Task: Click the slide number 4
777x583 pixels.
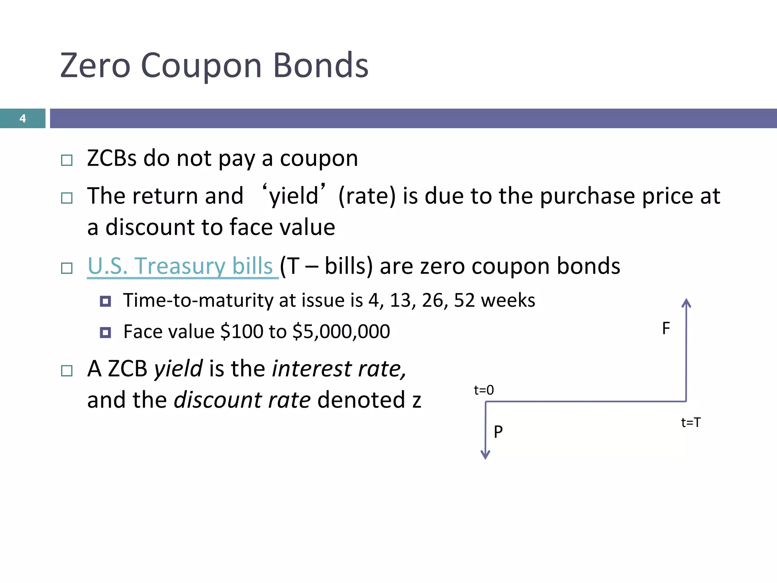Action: click(22, 118)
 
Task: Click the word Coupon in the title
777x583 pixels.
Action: click(201, 66)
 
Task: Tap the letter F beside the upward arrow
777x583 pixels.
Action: click(666, 328)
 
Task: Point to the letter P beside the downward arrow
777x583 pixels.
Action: click(498, 432)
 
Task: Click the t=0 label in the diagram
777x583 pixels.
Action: click(484, 390)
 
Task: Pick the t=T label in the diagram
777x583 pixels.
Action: click(690, 422)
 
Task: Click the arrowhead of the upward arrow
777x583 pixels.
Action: click(686, 303)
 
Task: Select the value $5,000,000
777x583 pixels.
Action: click(341, 331)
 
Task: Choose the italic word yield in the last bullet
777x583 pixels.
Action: click(178, 369)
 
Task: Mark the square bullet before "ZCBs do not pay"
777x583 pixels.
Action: click(67, 160)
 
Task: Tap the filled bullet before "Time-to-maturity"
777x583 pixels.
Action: click(105, 301)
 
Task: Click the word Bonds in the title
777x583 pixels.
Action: click(321, 66)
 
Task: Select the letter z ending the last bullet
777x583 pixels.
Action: click(417, 401)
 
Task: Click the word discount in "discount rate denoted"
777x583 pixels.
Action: click(218, 400)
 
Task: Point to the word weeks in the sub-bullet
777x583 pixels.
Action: click(508, 300)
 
